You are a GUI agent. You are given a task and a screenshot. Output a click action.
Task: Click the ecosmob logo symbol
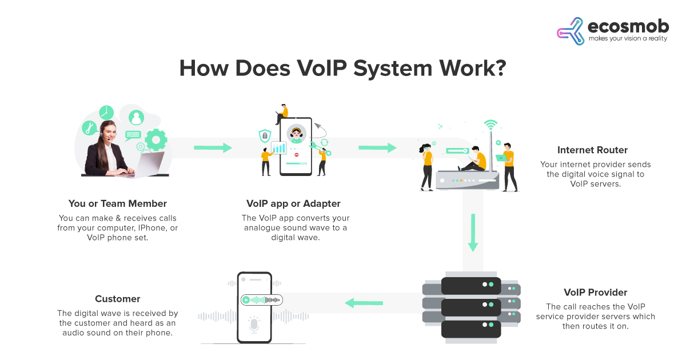coord(571,31)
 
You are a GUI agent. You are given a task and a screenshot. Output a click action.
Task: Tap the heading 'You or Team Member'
coord(118,203)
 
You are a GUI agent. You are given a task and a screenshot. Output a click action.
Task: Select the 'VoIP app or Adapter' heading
coord(293,203)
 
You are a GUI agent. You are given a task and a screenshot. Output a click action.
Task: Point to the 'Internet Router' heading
coord(592,150)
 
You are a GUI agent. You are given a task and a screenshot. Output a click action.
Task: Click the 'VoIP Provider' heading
coord(595,293)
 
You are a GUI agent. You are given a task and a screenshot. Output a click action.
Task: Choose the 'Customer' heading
coord(118,299)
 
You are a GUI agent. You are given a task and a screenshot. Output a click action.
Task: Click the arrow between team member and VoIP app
coord(213,148)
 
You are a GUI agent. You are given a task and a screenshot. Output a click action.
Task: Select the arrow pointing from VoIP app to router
coord(378,148)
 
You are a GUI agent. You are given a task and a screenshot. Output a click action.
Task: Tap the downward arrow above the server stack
coord(473,233)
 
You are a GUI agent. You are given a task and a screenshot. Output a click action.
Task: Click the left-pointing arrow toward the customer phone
coord(364,303)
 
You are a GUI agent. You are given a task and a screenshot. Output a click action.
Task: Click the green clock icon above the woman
coord(106,113)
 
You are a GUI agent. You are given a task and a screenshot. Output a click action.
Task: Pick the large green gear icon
coord(156,140)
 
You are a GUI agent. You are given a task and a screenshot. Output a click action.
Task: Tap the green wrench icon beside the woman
coord(89,128)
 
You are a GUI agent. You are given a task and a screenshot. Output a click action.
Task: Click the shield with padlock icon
coord(265,135)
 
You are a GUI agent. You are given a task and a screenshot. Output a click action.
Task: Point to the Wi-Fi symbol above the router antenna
coord(490,125)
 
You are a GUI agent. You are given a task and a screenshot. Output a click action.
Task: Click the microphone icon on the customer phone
coord(254,325)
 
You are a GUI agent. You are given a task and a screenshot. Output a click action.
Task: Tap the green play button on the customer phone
coord(246,300)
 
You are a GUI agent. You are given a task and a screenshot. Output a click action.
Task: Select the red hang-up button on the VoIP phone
coord(297,155)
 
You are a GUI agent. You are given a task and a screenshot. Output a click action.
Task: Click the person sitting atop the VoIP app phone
coord(282,114)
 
